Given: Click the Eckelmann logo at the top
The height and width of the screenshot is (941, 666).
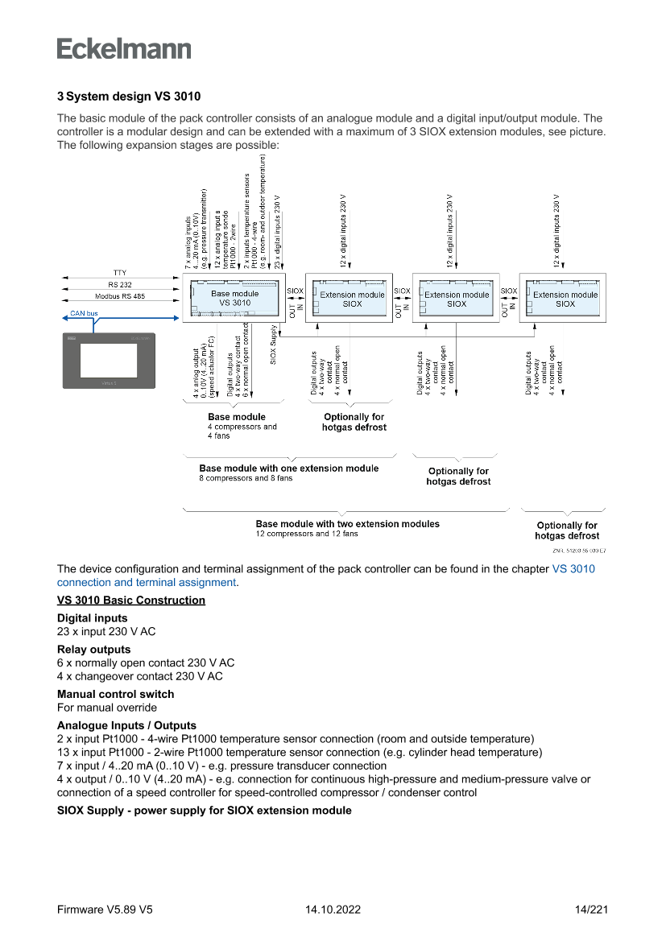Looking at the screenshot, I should click(124, 47).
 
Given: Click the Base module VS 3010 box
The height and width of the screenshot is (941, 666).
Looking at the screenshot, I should click(234, 299).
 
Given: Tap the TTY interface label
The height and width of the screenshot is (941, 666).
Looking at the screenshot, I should click(120, 273).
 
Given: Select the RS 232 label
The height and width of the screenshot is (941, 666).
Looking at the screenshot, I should click(120, 285).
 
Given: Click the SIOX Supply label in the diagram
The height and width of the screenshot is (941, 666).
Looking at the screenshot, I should click(274, 346).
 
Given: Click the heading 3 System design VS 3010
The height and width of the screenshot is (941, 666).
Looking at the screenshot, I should click(129, 97).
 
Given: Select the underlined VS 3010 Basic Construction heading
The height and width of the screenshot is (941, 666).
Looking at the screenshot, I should click(131, 601).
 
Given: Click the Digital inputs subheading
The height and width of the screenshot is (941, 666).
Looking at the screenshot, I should click(92, 618).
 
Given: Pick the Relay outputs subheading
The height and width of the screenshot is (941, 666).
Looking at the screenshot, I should click(93, 649).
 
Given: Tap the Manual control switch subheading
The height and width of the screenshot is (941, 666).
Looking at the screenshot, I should click(115, 694).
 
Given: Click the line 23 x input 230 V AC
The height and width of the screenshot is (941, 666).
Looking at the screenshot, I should click(106, 632).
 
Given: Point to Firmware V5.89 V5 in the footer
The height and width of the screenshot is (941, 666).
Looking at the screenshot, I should click(105, 910).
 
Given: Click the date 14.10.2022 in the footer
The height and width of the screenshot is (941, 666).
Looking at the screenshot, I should click(333, 910).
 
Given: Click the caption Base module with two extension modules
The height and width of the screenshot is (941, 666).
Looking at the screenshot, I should click(347, 524).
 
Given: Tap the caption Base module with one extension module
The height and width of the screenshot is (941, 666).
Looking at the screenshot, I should click(288, 468).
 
